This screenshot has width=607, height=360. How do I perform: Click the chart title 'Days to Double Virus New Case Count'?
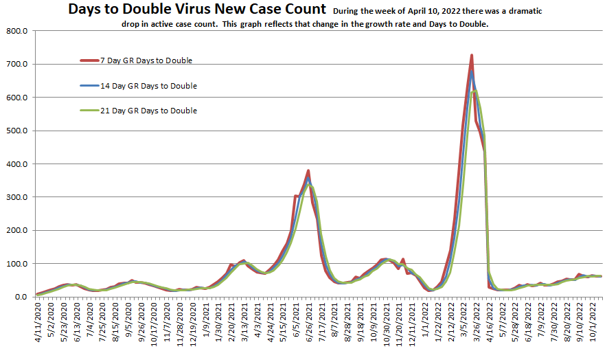(x=197, y=10)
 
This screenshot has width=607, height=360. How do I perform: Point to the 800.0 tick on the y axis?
(x=16, y=32)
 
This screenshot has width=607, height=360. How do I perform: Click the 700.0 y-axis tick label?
(x=16, y=65)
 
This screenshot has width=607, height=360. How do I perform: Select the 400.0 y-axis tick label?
(x=16, y=164)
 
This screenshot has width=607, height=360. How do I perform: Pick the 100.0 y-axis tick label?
(x=16, y=264)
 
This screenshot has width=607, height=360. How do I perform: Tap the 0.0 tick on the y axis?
(x=21, y=297)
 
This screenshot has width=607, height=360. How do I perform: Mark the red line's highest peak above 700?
(x=471, y=55)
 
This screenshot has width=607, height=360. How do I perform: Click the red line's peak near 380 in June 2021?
(x=308, y=170)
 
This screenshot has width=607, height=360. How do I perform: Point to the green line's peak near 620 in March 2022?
(x=475, y=90)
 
